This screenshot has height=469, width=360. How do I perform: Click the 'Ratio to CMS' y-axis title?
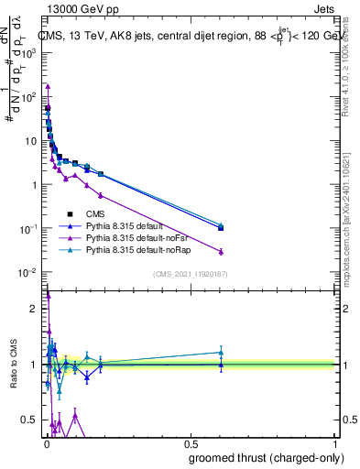(x=14, y=364)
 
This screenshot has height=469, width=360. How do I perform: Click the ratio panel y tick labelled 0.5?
(x=30, y=420)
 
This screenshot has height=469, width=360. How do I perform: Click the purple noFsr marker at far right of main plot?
(x=221, y=251)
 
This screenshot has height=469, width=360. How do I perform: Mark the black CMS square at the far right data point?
(x=221, y=228)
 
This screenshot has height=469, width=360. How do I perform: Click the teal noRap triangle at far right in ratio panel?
(x=221, y=352)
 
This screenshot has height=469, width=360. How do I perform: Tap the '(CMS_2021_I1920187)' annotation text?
(x=191, y=273)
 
